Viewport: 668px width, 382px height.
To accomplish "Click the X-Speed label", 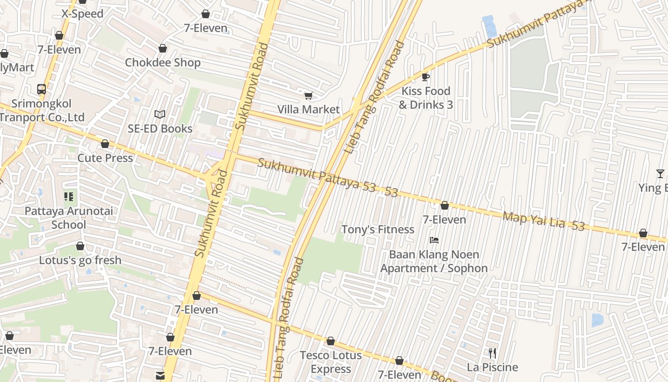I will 83,14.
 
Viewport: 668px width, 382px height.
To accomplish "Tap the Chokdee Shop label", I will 163,63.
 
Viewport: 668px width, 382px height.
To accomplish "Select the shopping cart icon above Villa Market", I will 308,96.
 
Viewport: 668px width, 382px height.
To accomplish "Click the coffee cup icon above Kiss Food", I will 426,77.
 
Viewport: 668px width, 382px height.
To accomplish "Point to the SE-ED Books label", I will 160,128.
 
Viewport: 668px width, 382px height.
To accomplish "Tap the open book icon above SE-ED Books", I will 160,115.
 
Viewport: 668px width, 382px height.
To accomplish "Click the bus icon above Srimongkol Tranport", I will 42,89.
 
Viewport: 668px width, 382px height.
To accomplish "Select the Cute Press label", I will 105,158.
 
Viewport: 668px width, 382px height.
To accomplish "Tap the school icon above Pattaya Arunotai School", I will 69,197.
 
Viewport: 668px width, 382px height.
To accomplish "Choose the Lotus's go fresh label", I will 80,261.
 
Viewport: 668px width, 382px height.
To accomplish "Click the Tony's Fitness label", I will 377,230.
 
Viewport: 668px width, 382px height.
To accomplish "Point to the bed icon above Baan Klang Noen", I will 434,240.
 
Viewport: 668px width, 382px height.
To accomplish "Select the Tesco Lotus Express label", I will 331,362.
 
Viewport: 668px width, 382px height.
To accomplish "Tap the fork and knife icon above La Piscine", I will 492,353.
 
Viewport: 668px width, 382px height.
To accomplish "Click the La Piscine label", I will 492,367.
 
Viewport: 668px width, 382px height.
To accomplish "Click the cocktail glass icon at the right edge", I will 660,174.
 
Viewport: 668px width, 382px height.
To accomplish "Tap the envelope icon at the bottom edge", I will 160,376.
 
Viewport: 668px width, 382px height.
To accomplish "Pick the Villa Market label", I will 308,110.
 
